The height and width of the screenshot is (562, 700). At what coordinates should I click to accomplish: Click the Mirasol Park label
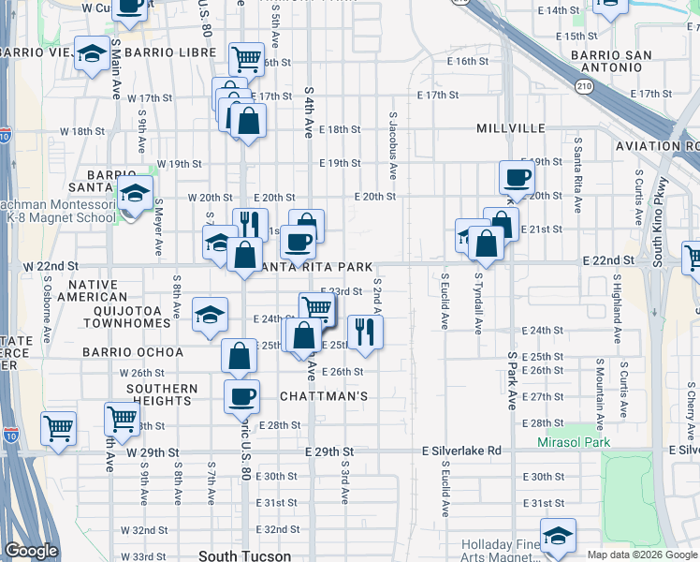pos(574,442)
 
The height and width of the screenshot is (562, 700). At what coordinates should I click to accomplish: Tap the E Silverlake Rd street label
pos(460,451)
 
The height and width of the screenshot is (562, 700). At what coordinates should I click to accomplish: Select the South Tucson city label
pos(244,555)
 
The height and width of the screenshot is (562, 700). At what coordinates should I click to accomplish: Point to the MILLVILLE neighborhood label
pos(510,127)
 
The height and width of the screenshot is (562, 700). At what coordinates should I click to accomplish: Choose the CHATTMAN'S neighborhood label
pos(324,396)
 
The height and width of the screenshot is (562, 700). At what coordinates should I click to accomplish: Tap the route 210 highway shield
pos(585,86)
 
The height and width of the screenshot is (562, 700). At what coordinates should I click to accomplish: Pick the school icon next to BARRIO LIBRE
pos(92,53)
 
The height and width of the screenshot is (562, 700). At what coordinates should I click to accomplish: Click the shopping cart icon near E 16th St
pos(245,58)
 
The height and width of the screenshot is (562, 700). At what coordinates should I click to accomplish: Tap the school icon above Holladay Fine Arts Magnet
pos(558,535)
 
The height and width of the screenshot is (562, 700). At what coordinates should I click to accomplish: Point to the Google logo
pos(32,551)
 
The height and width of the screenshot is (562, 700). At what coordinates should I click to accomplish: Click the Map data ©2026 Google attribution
pos(642,555)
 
